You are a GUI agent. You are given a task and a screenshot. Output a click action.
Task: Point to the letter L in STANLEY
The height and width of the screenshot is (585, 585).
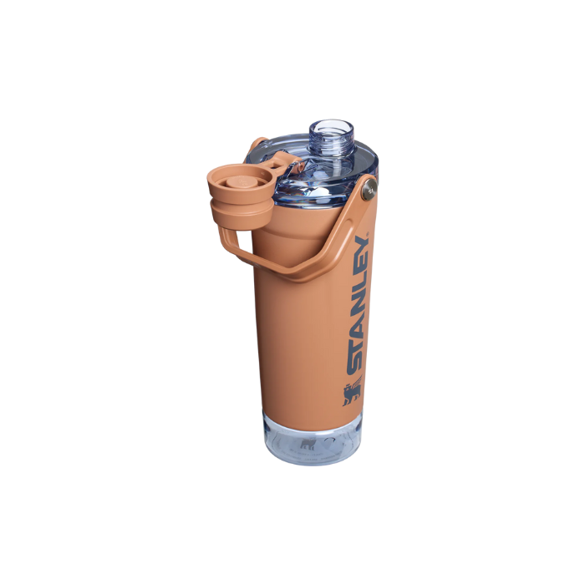(x=361, y=286)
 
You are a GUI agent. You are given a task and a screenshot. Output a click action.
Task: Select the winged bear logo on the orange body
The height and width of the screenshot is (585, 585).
(x=352, y=391)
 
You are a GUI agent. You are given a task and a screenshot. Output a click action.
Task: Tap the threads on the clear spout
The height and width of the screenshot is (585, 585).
(x=332, y=145)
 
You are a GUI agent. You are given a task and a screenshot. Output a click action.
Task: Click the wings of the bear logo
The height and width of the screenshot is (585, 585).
(x=358, y=385)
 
